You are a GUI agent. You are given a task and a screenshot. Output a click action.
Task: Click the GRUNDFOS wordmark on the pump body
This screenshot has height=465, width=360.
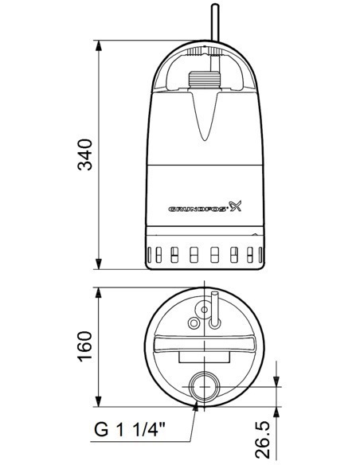(x=198, y=209)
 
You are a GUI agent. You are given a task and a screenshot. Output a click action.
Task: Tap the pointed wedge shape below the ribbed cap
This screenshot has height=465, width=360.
(x=206, y=111)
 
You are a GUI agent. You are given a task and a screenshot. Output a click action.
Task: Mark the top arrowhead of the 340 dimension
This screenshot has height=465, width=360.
(x=99, y=44)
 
